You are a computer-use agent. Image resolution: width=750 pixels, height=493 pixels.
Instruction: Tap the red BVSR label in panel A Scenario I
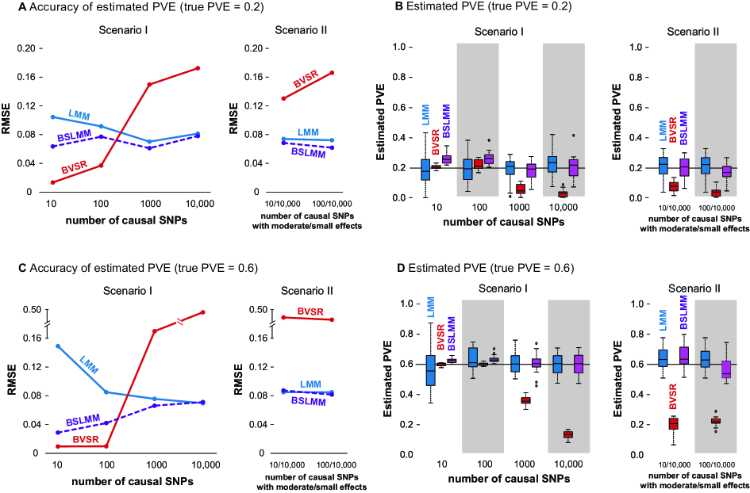tap(74, 170)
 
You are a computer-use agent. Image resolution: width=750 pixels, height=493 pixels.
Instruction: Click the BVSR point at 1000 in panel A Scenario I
tap(148, 84)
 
